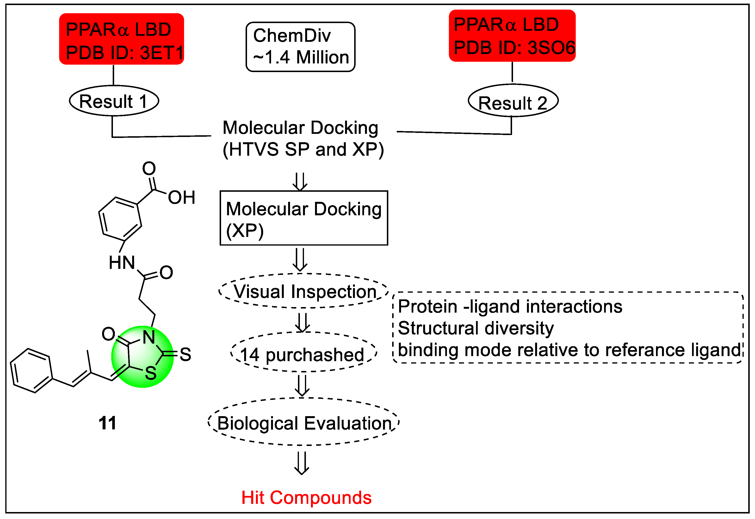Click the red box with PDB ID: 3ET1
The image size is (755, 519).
coord(121,39)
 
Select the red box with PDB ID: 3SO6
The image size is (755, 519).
coord(512,36)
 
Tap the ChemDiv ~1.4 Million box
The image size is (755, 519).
coord(300,47)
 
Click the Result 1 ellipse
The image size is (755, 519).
coord(114,101)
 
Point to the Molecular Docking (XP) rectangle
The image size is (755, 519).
coord(304,218)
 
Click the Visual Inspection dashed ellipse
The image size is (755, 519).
coord(304,291)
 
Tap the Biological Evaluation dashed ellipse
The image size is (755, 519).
coord(304,423)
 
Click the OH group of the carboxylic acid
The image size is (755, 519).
coord(181,198)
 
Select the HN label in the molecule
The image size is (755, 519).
coord(122,263)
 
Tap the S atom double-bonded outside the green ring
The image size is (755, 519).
coord(185,354)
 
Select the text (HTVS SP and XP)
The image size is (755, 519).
coord(303,150)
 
